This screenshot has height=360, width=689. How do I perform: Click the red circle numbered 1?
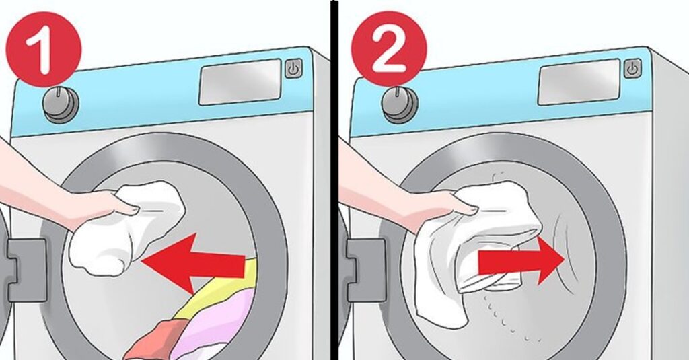[x=44, y=49]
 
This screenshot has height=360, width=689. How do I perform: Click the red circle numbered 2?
[x=389, y=49]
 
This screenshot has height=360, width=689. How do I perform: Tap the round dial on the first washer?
[x=61, y=104]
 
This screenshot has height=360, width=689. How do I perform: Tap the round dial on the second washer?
[x=400, y=104]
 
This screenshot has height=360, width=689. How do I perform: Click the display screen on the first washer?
[x=240, y=82]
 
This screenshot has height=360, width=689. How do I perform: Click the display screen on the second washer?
[x=579, y=82]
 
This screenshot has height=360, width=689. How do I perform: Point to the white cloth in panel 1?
[x=127, y=229]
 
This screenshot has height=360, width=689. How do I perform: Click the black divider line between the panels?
[x=334, y=180]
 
